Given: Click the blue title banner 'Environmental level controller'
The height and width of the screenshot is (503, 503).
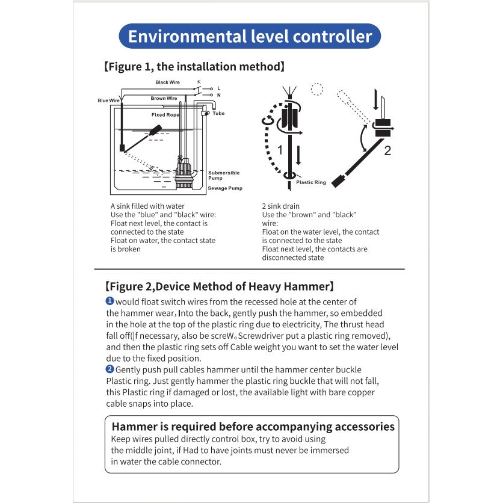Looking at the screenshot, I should click(250, 36).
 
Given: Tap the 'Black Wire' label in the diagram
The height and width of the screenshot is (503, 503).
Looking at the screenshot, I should click(167, 82).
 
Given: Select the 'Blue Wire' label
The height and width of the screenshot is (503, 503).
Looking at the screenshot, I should click(108, 100).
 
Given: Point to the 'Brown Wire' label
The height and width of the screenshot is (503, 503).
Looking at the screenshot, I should click(164, 98).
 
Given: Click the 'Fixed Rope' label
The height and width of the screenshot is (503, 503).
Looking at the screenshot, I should click(165, 114).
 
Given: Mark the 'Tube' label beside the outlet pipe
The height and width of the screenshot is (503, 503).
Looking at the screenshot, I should click(218, 113).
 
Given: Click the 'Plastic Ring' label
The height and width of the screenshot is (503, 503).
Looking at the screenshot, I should click(311, 182).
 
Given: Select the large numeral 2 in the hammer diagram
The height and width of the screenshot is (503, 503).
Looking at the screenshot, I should click(387, 150).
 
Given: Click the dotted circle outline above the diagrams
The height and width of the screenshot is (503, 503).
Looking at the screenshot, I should click(317, 90).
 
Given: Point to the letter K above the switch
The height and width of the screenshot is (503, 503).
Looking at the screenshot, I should click(199, 81).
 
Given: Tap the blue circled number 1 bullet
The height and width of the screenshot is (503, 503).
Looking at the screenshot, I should click(110, 301).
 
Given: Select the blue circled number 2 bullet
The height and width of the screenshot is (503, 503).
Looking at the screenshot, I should click(110, 369).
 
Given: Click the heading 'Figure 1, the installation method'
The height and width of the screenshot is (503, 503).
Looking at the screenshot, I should click(194, 66).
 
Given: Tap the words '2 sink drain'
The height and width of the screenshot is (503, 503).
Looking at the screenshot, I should click(281, 206).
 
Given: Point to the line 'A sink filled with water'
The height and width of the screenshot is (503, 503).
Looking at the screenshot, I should click(147, 206).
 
